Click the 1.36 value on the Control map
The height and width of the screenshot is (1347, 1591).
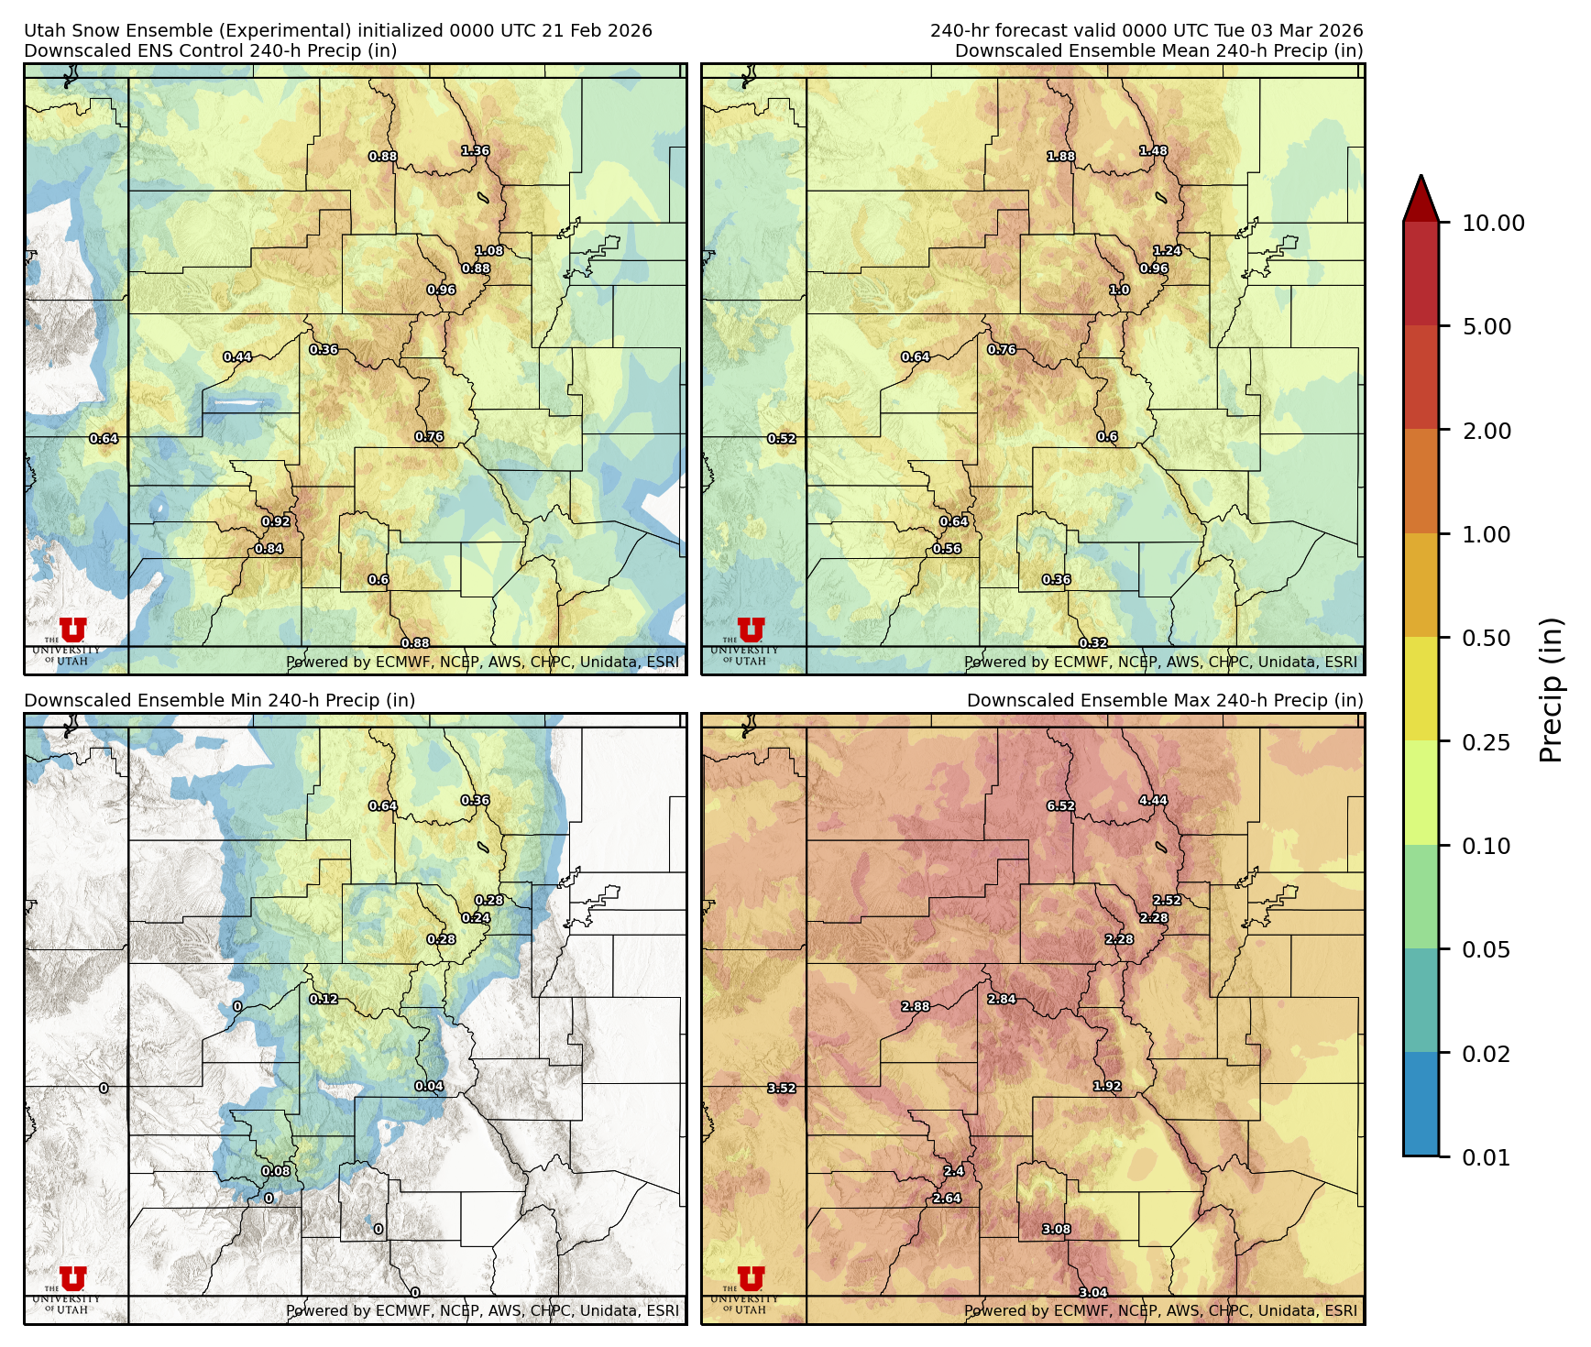click(475, 151)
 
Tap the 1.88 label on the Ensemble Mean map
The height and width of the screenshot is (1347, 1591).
click(1061, 157)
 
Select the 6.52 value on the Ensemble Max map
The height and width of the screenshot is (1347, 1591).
click(1060, 806)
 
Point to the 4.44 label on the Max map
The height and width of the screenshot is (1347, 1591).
click(1153, 801)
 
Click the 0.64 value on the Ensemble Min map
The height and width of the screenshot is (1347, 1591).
click(383, 806)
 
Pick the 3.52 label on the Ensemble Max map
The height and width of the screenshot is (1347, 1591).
click(782, 1089)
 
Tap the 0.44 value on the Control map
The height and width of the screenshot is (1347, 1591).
click(237, 357)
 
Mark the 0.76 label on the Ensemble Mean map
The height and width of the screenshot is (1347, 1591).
click(1002, 350)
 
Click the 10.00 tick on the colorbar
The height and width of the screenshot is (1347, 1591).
click(1493, 224)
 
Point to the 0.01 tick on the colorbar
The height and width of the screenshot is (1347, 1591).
click(1486, 1158)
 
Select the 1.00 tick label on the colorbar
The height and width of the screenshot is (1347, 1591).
click(1486, 535)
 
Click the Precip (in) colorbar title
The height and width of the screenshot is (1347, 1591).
click(1551, 690)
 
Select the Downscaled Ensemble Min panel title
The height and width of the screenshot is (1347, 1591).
click(220, 701)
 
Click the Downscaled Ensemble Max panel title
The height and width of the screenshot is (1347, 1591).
click(1164, 701)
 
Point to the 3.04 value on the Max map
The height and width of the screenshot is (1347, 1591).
click(1092, 1293)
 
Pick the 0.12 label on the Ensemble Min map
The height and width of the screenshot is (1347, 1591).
click(324, 1000)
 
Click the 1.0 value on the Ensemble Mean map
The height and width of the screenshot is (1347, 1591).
click(1119, 290)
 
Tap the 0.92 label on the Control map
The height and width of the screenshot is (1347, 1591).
click(276, 522)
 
